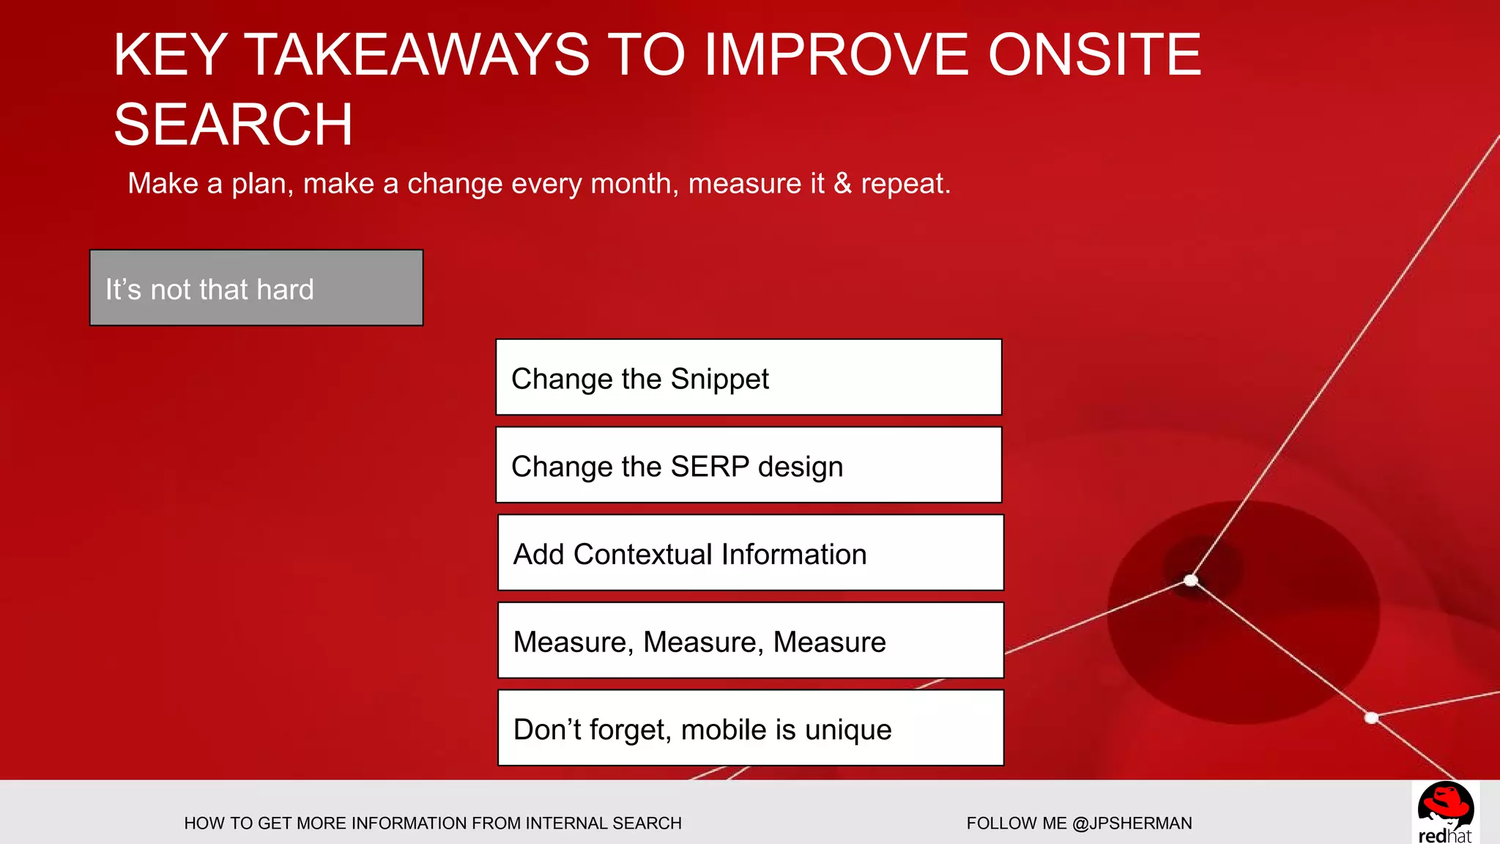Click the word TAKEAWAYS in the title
(x=416, y=55)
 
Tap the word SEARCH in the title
(x=233, y=125)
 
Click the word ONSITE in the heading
(x=1094, y=55)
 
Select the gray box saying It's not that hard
(x=256, y=288)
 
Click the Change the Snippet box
(x=749, y=377)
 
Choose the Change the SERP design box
(x=749, y=465)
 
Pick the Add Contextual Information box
(x=750, y=553)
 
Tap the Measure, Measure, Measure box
(x=750, y=641)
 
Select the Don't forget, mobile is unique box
(x=750, y=728)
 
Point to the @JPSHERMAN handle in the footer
(x=1132, y=823)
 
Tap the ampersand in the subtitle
(x=843, y=183)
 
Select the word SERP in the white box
(x=710, y=467)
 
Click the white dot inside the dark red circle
(x=1191, y=581)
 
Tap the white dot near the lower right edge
(x=1372, y=718)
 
